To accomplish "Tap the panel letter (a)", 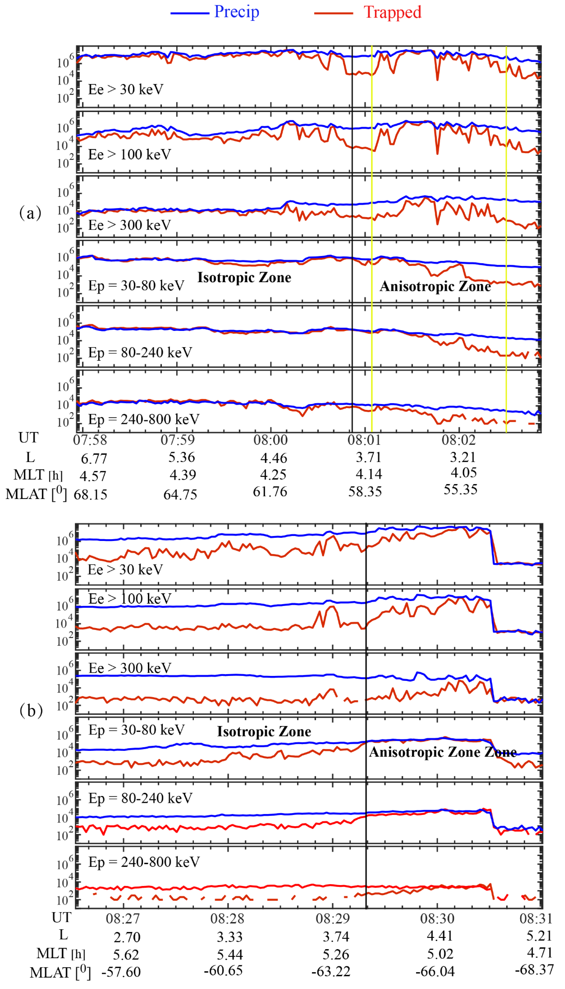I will click(x=30, y=213).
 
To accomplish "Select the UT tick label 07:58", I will click(x=90, y=440).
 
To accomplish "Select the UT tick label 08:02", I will click(x=458, y=440).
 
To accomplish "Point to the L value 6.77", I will click(x=94, y=459).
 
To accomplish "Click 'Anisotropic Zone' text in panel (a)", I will click(x=435, y=286).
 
